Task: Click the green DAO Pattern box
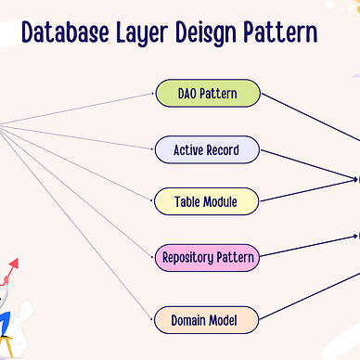[206, 94]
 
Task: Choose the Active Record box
[206, 148]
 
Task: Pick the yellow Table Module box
[206, 200]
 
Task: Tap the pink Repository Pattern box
[206, 256]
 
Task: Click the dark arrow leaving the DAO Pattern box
[306, 116]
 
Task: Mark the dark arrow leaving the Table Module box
[306, 189]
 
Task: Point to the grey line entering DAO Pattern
[74, 110]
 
